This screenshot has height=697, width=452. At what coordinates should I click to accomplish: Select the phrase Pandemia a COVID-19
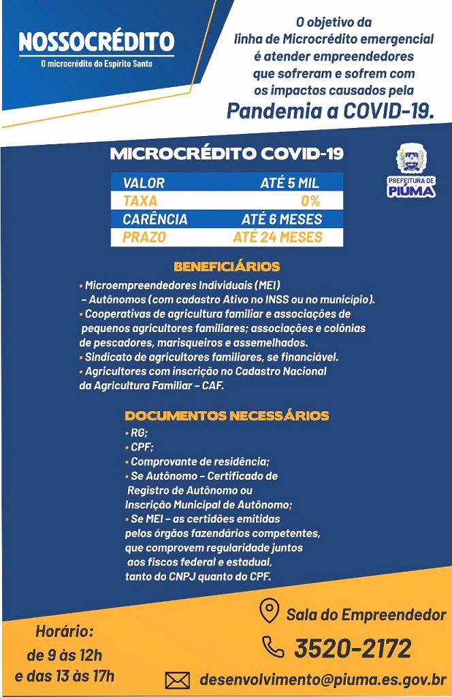click(x=330, y=110)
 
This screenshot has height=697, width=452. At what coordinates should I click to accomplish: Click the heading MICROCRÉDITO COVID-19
click(x=227, y=154)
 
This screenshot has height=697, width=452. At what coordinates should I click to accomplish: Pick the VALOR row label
click(x=144, y=183)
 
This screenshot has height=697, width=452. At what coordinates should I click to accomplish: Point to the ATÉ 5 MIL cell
click(x=289, y=183)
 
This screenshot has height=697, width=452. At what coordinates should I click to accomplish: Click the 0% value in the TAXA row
click(x=310, y=201)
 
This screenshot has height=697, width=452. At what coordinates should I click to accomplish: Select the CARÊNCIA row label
click(x=155, y=220)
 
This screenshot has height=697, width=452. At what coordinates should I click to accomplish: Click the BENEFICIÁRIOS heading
click(x=226, y=267)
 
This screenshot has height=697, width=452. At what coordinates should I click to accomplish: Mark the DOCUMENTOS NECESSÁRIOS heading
click(x=227, y=416)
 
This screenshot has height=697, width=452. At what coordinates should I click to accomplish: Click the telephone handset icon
click(x=273, y=647)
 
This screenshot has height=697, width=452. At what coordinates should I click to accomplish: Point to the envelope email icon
click(x=178, y=679)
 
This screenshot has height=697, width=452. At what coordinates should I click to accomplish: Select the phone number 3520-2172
click(x=353, y=648)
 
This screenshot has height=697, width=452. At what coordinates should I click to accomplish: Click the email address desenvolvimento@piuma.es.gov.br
click(x=323, y=679)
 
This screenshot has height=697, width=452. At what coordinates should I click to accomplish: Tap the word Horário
click(x=64, y=632)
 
